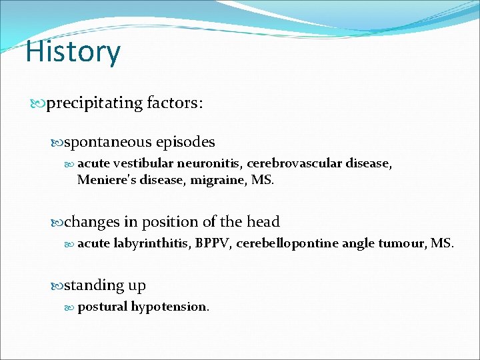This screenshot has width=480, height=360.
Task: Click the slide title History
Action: tap(73, 52)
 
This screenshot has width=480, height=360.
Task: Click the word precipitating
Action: tap(95, 103)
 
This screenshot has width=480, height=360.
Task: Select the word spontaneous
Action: tap(108, 142)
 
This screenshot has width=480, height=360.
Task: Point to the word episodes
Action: tap(185, 142)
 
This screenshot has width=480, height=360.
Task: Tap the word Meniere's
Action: tap(106, 179)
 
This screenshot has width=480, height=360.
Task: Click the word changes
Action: tap(93, 222)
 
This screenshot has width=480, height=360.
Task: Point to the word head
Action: tap(263, 222)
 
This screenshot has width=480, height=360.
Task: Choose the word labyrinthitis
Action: tap(153, 243)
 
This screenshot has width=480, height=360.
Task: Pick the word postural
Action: tap(103, 307)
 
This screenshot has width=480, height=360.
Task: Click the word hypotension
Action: tap(170, 307)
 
